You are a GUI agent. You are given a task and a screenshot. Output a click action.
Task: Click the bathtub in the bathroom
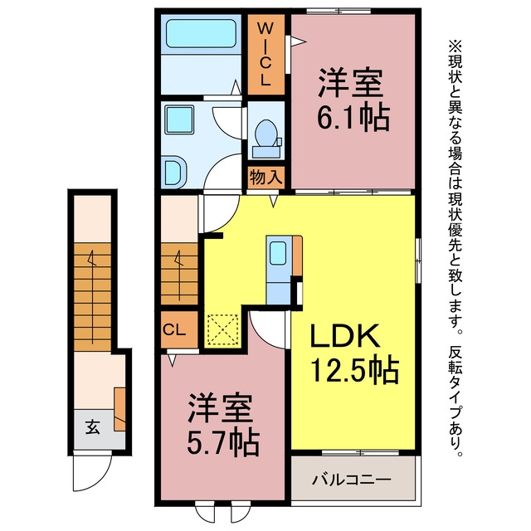(201, 33)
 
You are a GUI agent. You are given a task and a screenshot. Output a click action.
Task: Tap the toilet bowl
(265, 133)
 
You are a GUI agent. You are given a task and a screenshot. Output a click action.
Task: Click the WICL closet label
(265, 54)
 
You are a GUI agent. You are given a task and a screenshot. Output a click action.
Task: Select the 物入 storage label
(265, 177)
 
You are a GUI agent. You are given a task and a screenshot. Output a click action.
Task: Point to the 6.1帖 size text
(353, 118)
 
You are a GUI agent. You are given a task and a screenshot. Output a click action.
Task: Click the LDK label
(345, 335)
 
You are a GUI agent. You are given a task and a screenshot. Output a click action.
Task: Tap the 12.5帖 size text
(354, 369)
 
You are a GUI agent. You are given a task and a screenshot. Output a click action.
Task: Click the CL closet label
(174, 329)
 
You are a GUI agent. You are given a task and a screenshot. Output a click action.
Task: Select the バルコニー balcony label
(352, 480)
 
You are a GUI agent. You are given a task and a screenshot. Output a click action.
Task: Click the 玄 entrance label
(92, 427)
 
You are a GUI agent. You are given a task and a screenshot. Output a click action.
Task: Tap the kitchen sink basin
(279, 253)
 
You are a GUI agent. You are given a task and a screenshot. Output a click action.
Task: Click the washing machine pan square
(179, 119)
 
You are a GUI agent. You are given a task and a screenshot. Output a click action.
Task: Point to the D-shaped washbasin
(173, 172)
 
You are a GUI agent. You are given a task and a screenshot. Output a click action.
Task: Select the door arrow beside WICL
(299, 41)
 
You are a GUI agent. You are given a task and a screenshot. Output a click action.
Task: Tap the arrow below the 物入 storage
(274, 201)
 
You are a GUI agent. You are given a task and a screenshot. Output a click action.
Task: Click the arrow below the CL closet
(173, 360)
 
